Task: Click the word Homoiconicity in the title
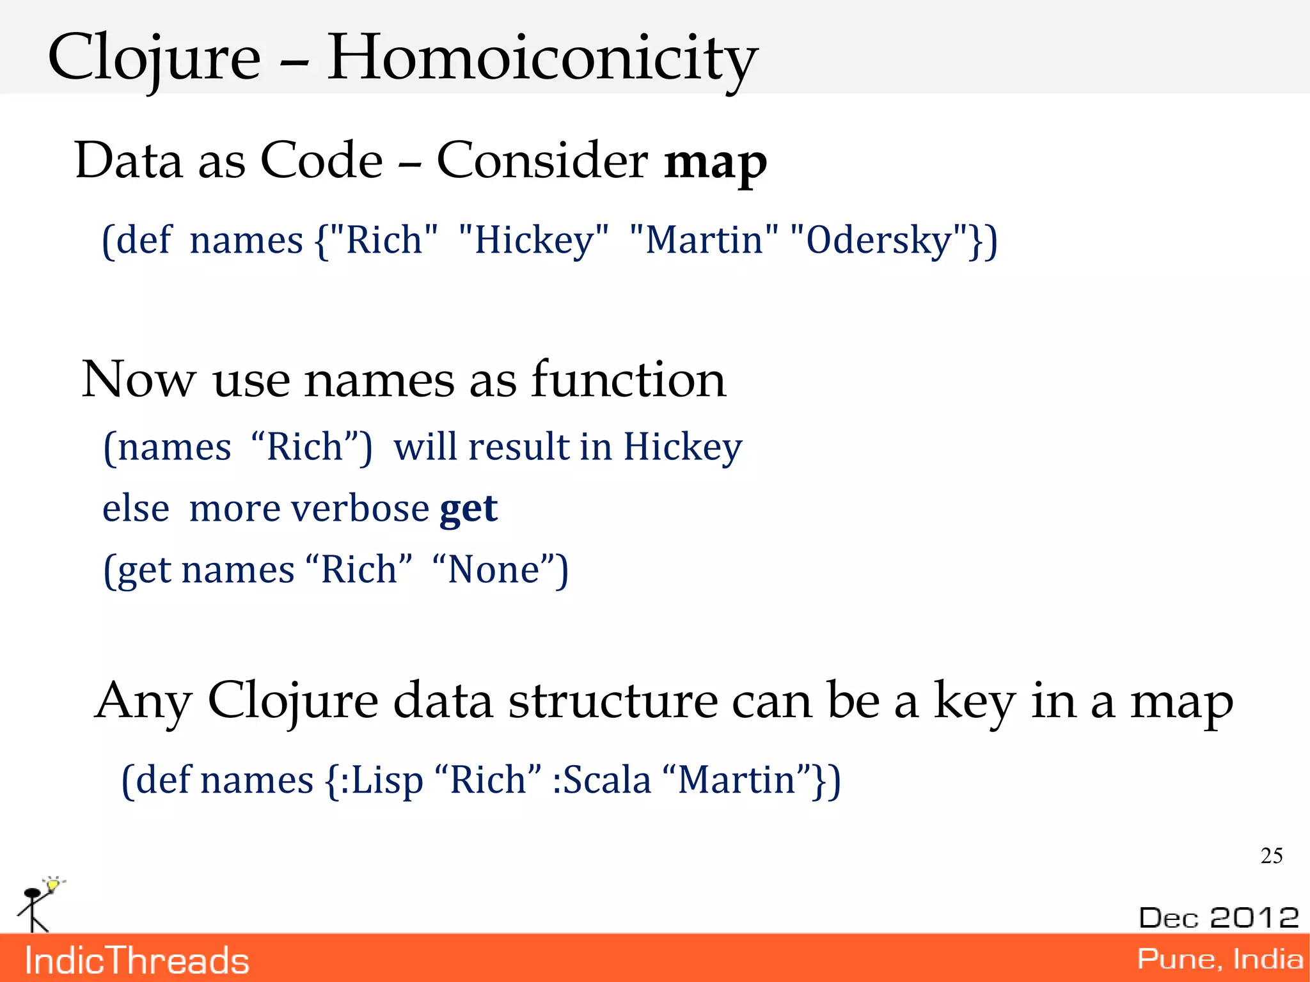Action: click(x=542, y=59)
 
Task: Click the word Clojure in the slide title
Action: click(x=154, y=59)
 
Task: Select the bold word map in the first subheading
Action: click(x=715, y=161)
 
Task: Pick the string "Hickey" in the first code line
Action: click(x=533, y=241)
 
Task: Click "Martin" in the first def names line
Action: click(x=704, y=241)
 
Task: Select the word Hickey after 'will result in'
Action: click(x=683, y=447)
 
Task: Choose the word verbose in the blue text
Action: click(x=359, y=509)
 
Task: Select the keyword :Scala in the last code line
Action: click(x=601, y=780)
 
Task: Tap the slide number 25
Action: click(x=1271, y=855)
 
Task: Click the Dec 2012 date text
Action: click(x=1219, y=917)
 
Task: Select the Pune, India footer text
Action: click(x=1219, y=959)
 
